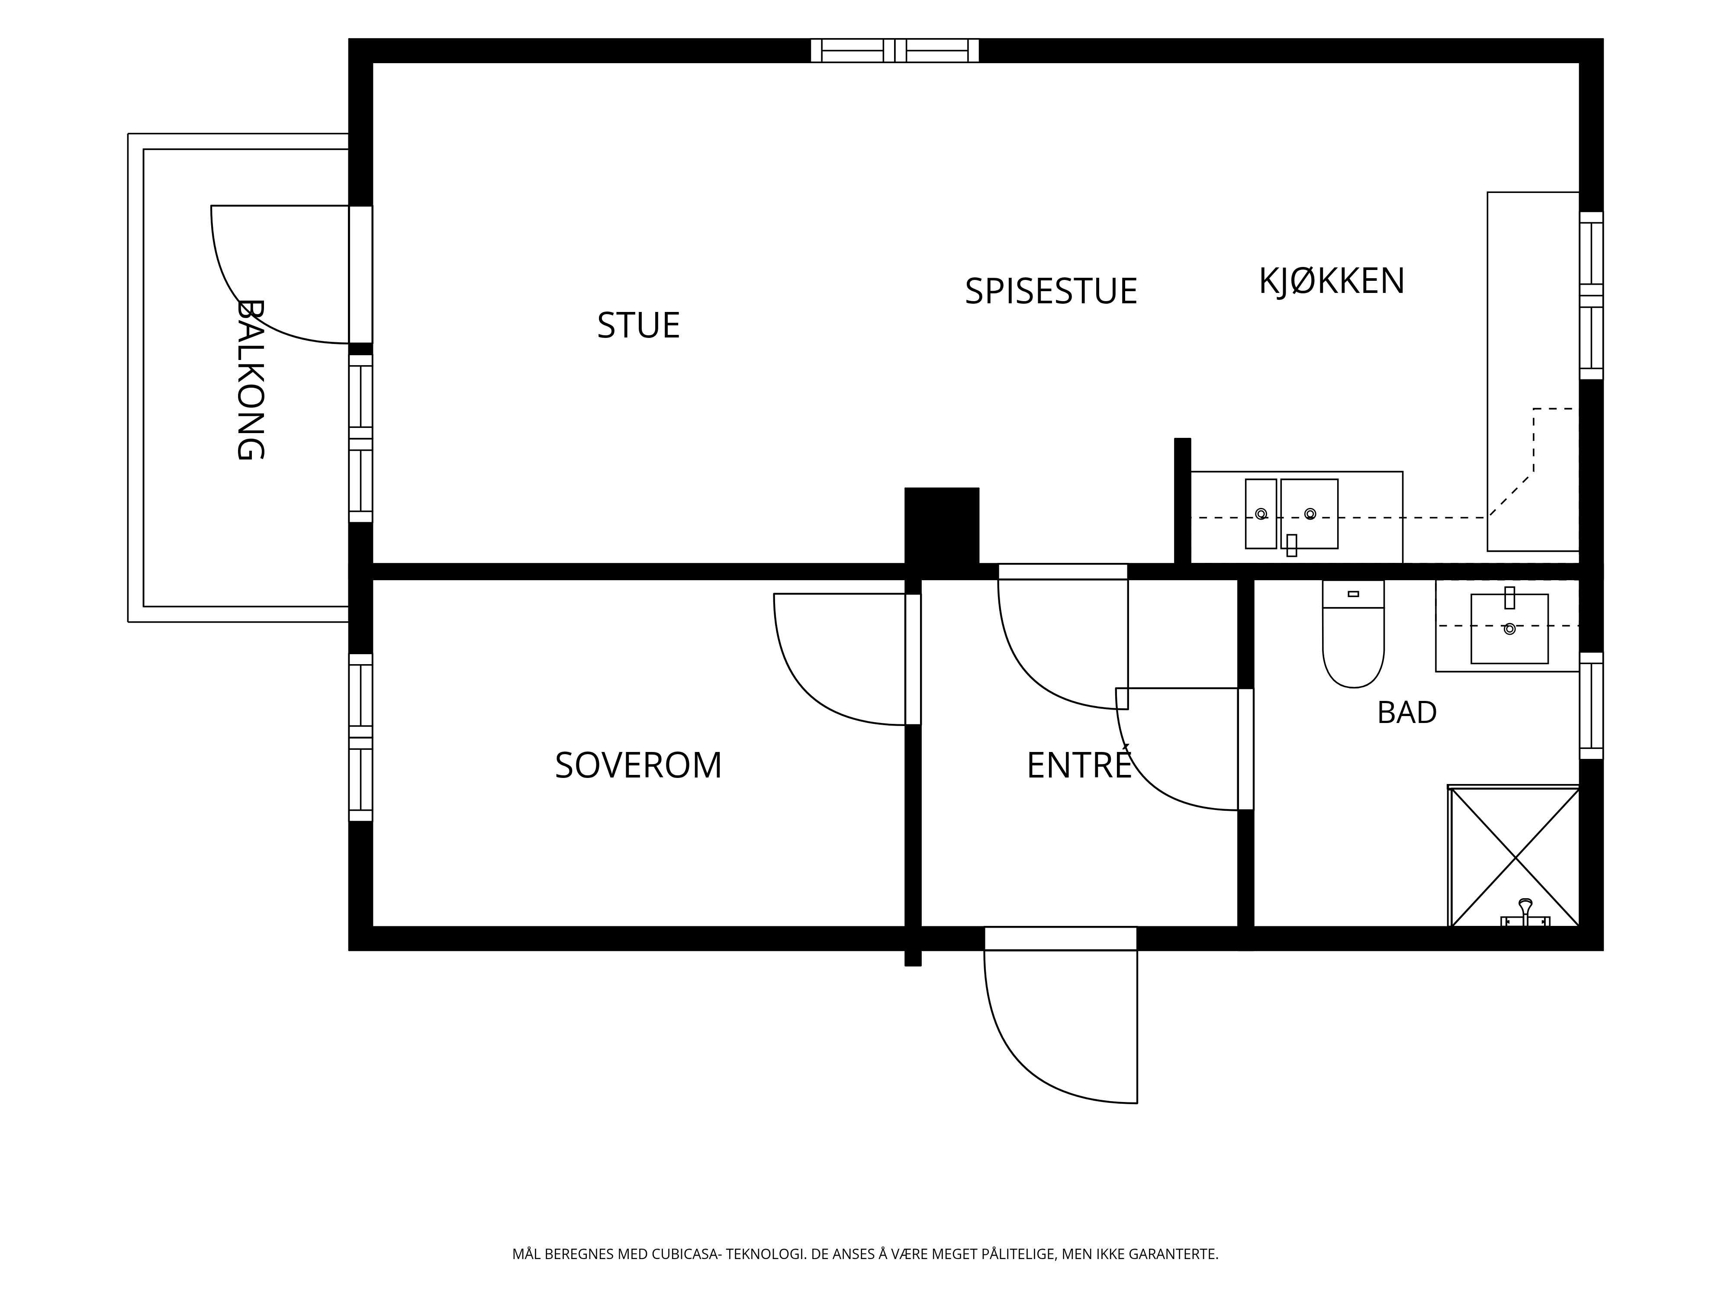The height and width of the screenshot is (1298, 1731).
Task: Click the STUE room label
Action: click(x=639, y=325)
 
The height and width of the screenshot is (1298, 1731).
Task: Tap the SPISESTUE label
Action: click(x=1051, y=291)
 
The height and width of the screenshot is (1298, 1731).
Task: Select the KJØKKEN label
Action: click(x=1332, y=281)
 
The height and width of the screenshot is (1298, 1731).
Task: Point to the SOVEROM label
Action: click(x=639, y=765)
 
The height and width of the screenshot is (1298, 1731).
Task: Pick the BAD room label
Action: click(x=1407, y=713)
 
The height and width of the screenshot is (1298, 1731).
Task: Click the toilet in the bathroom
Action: click(x=1353, y=634)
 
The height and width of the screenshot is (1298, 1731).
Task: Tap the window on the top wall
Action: click(x=894, y=50)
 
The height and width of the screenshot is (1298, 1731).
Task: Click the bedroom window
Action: click(x=361, y=737)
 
